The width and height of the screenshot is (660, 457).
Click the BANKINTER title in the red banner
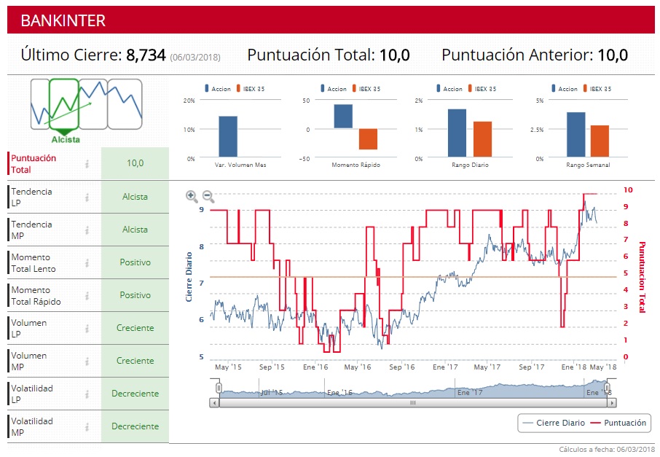click(63, 20)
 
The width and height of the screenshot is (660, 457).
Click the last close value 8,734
click(146, 55)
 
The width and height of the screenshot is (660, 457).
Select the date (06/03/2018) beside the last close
click(195, 56)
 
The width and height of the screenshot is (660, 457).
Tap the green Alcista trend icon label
click(66, 139)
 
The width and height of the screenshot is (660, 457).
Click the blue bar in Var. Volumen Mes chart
click(228, 136)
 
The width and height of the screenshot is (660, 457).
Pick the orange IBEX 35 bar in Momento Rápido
click(369, 139)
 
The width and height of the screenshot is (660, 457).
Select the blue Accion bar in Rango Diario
click(457, 133)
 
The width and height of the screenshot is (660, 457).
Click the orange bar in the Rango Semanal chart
click(600, 141)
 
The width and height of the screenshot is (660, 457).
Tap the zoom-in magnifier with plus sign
click(192, 195)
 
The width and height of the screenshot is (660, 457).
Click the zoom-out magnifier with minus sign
click(208, 195)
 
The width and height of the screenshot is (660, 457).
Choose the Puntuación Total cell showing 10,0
click(135, 163)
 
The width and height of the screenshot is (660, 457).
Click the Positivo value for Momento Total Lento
click(135, 262)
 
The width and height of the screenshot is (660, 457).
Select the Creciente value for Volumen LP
click(135, 328)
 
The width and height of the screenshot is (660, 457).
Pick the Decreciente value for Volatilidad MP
click(135, 426)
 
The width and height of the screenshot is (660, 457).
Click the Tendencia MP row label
click(32, 230)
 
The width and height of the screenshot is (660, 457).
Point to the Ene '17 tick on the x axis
click(444, 367)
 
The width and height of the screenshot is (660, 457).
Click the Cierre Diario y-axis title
click(189, 277)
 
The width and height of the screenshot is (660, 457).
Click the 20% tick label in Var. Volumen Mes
click(189, 101)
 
